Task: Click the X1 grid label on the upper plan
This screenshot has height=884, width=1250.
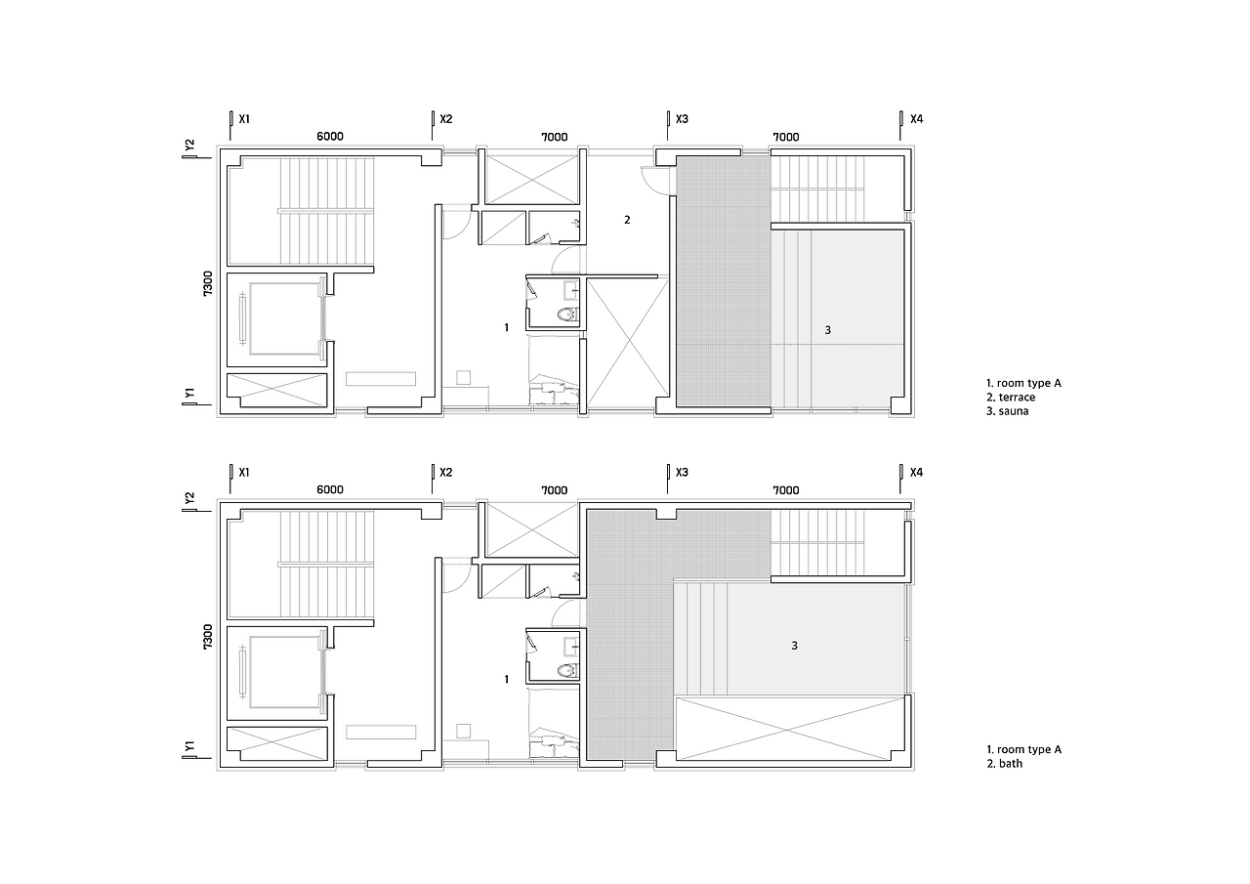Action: [x=244, y=119]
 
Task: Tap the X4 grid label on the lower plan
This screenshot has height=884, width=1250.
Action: [x=916, y=473]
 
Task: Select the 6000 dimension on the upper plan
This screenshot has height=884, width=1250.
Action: [x=330, y=136]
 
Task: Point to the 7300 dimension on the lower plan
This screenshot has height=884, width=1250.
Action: [x=208, y=637]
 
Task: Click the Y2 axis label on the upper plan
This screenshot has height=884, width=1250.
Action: [x=189, y=145]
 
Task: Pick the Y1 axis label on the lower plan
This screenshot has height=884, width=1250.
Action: [x=189, y=746]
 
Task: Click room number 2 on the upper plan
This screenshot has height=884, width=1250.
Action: [x=627, y=220]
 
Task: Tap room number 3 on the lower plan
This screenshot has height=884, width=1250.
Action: [x=795, y=646]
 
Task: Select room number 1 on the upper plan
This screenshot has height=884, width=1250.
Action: [x=506, y=327]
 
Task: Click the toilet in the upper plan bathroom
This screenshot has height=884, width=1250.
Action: [x=567, y=315]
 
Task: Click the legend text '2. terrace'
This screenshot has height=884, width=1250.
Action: [x=1011, y=398]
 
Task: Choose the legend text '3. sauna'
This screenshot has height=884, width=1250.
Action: [x=1007, y=411]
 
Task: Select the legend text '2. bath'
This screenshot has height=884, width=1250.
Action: [x=1005, y=764]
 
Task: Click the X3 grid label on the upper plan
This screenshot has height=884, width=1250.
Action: [x=682, y=119]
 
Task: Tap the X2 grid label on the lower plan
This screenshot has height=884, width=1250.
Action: [x=446, y=473]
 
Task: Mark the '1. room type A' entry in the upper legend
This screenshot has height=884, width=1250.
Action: [x=1023, y=384]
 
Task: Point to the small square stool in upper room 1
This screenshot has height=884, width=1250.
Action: [x=463, y=377]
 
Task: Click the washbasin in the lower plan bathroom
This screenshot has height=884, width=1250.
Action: [x=571, y=647]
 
